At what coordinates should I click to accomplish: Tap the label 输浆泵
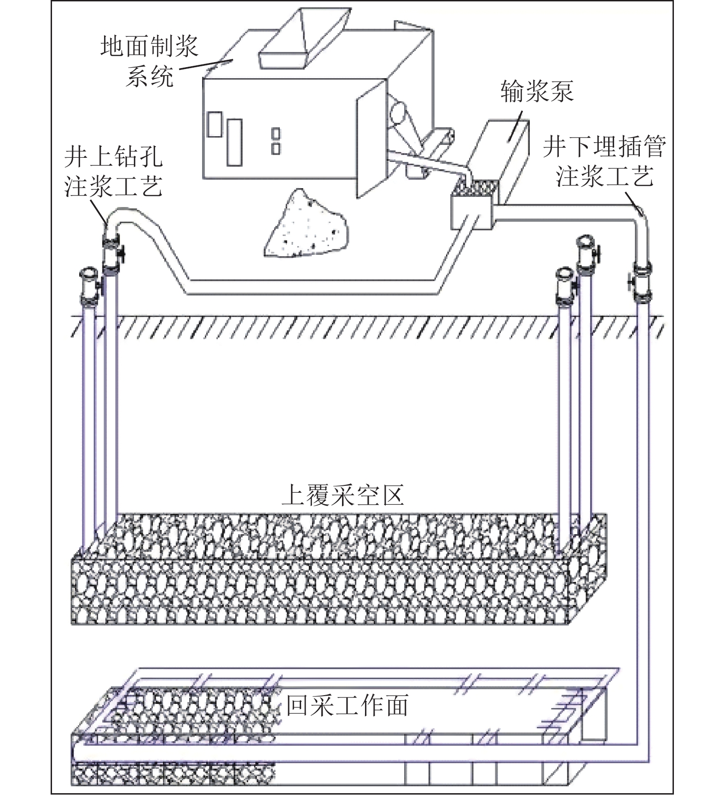click(537, 91)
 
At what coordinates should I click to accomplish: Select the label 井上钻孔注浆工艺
click(113, 172)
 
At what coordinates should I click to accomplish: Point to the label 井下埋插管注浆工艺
click(604, 161)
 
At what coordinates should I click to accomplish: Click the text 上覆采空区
click(343, 495)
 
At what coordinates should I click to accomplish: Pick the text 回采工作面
click(348, 706)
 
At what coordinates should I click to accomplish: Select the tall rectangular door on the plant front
click(234, 142)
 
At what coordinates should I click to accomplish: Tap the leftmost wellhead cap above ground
click(89, 288)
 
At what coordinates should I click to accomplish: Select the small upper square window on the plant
click(276, 133)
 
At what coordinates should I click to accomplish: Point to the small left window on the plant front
click(214, 124)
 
